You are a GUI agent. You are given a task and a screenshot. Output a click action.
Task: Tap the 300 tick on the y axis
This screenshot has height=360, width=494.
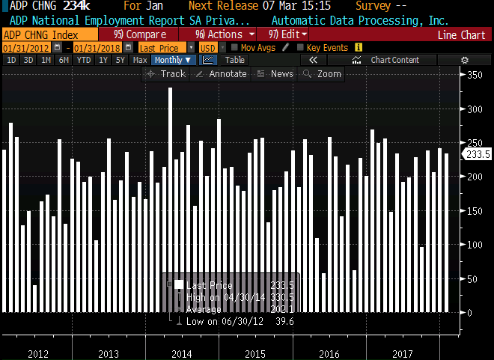point(475,109)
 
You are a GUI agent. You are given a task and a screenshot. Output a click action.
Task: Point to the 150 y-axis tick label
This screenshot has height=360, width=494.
point(475,210)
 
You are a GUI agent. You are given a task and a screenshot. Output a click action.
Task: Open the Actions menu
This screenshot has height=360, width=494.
point(224,34)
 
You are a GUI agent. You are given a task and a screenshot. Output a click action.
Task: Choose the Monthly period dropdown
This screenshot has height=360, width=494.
point(173,60)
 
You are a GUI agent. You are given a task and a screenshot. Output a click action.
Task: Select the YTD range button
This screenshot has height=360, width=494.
point(84,60)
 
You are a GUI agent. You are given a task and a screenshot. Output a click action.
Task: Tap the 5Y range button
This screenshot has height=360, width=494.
point(120,60)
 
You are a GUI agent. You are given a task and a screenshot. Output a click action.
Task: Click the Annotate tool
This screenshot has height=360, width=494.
point(222,74)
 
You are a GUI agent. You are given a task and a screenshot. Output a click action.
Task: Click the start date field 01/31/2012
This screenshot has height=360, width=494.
point(20,48)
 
